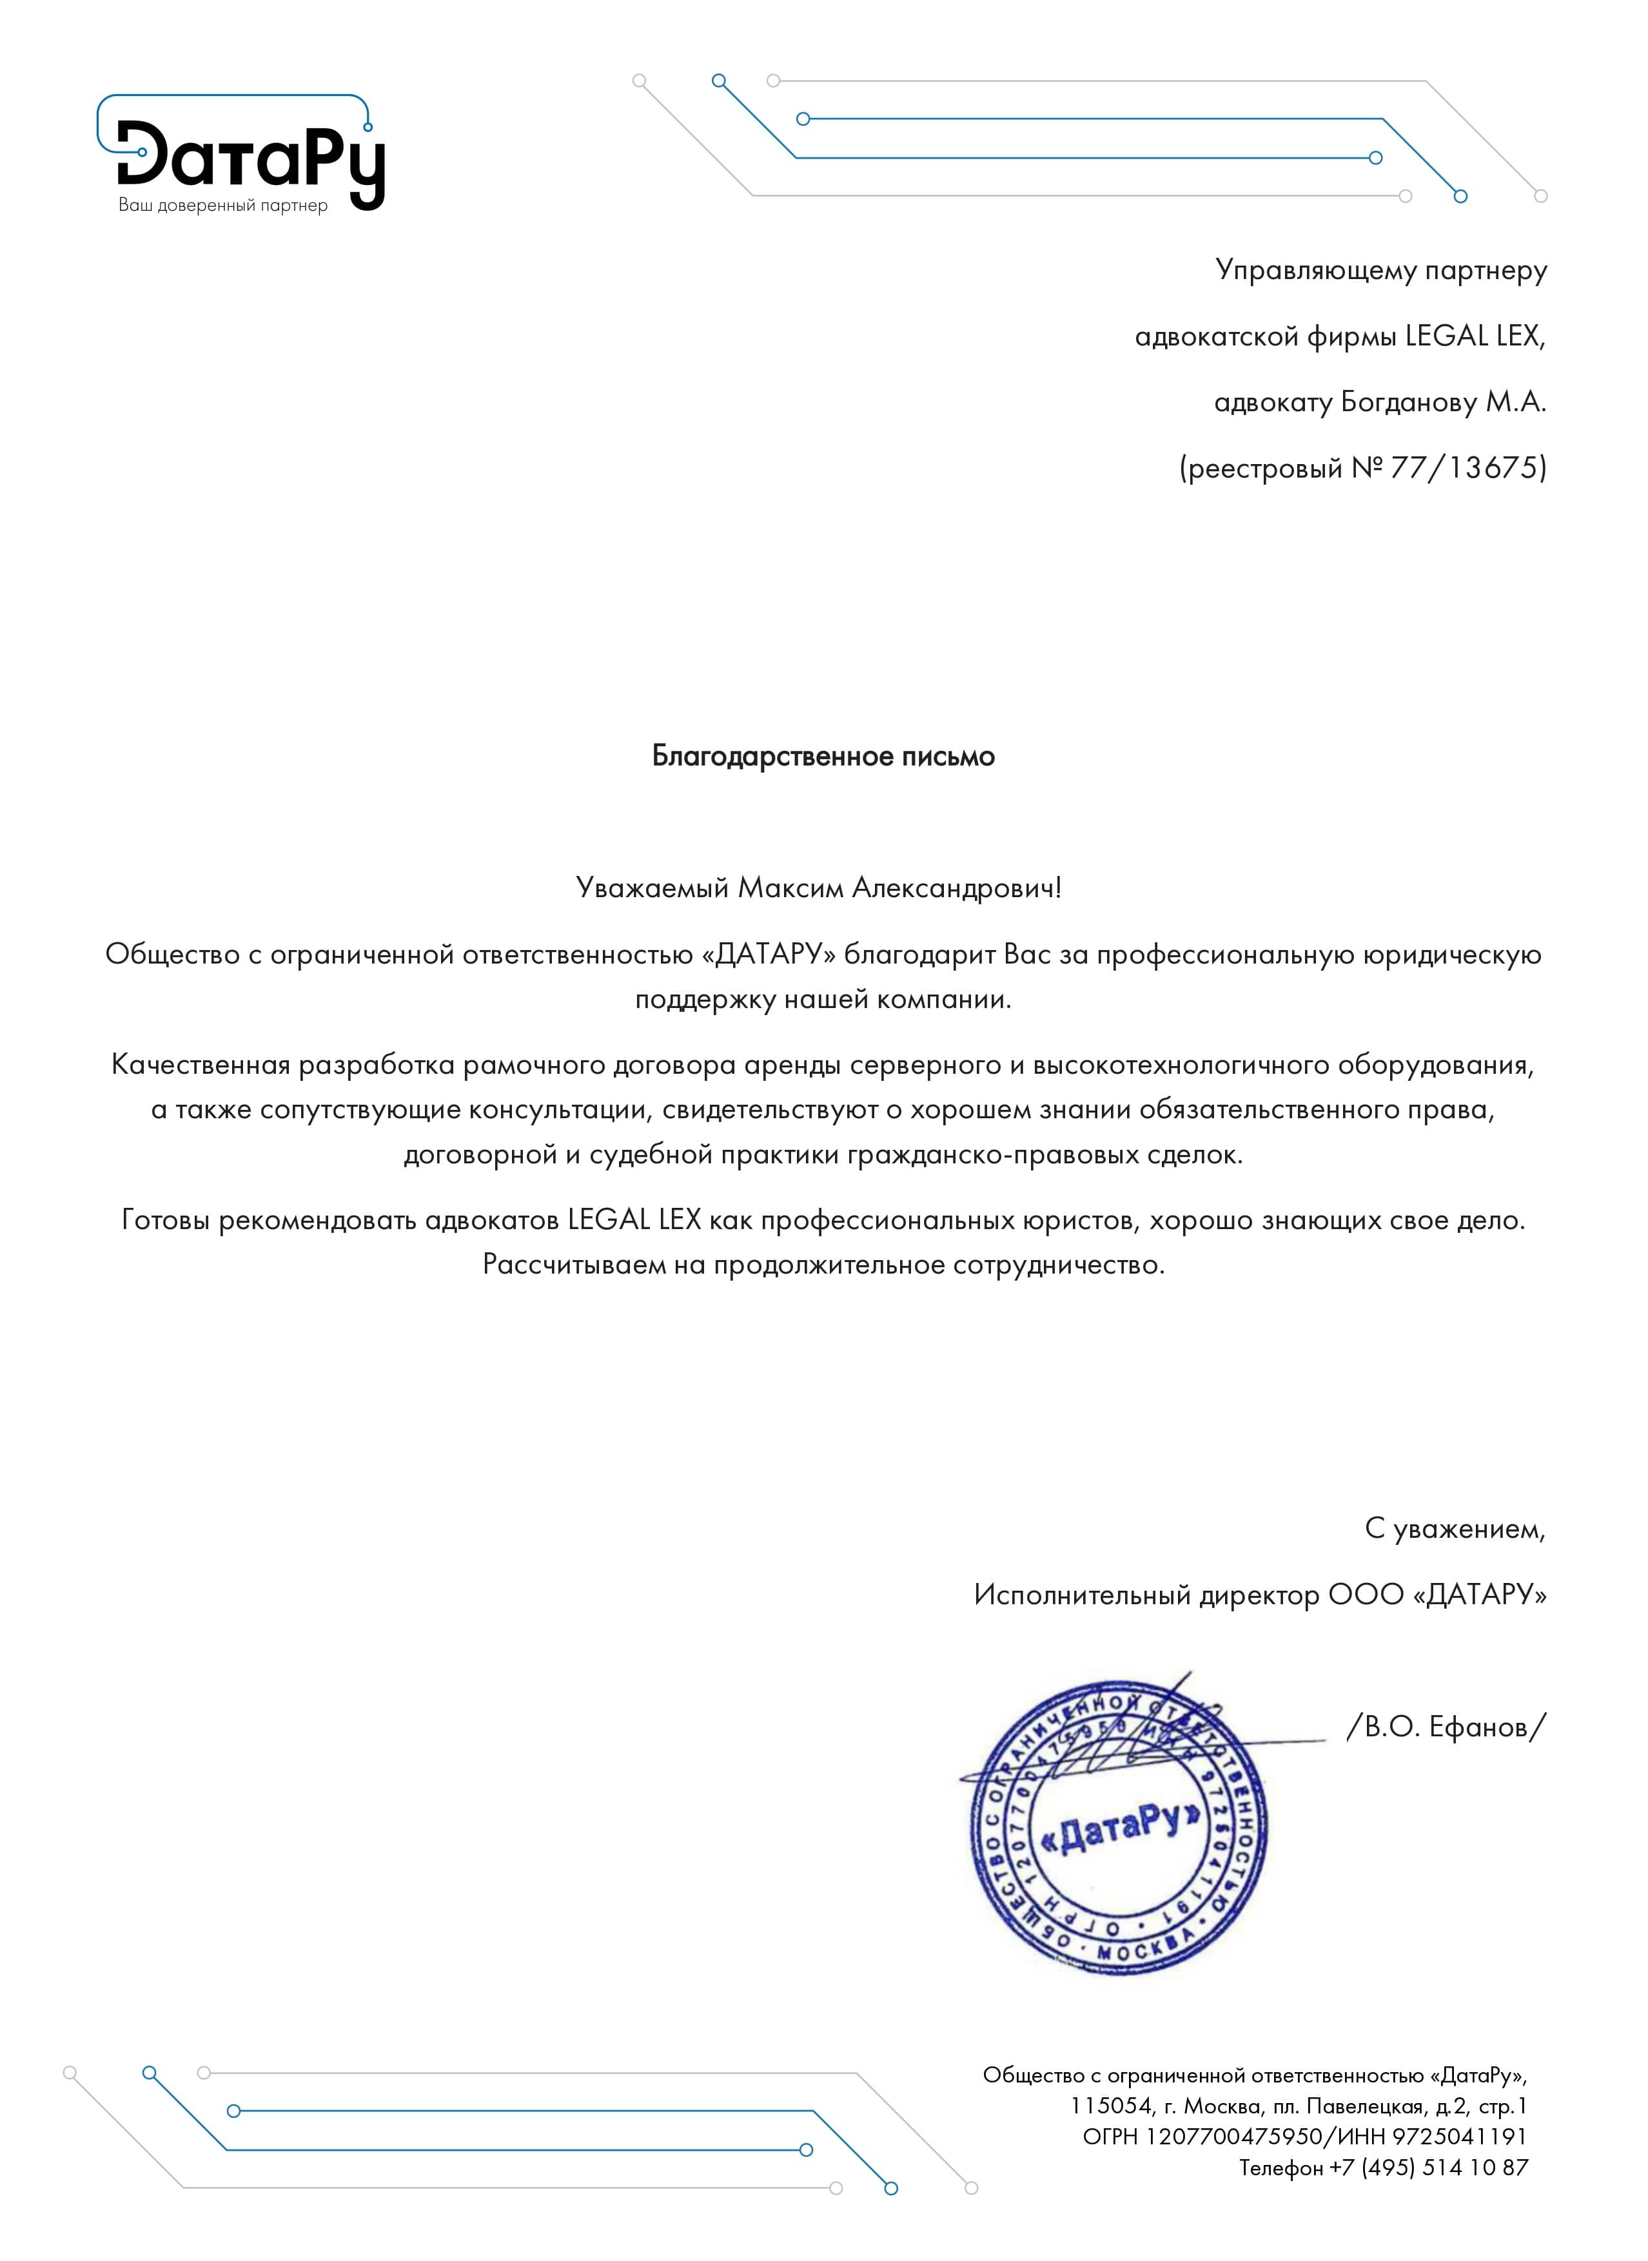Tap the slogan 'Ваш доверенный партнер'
222,206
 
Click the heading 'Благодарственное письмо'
823,756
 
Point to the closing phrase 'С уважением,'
1455,1529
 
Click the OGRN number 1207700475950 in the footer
1233,2137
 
